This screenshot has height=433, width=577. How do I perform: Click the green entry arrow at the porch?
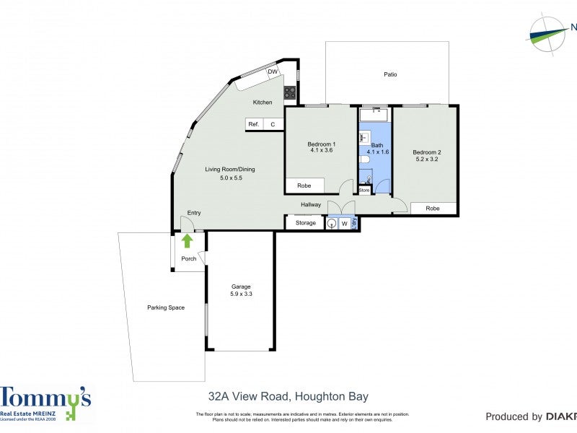coord(188,241)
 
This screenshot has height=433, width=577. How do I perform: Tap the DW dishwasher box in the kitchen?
coord(273,72)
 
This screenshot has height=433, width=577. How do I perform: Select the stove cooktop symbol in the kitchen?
coord(289,92)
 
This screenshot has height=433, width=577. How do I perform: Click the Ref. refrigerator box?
coord(254,124)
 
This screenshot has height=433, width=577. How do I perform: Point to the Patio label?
coord(390,74)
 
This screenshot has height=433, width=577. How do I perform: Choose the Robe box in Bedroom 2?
coord(433,209)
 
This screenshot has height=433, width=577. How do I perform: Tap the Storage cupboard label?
coord(306,223)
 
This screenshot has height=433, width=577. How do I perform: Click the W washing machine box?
coord(344,224)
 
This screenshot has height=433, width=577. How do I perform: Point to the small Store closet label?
coord(364,191)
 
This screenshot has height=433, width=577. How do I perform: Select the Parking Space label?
coord(166,307)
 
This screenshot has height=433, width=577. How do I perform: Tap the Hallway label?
coord(311,205)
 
